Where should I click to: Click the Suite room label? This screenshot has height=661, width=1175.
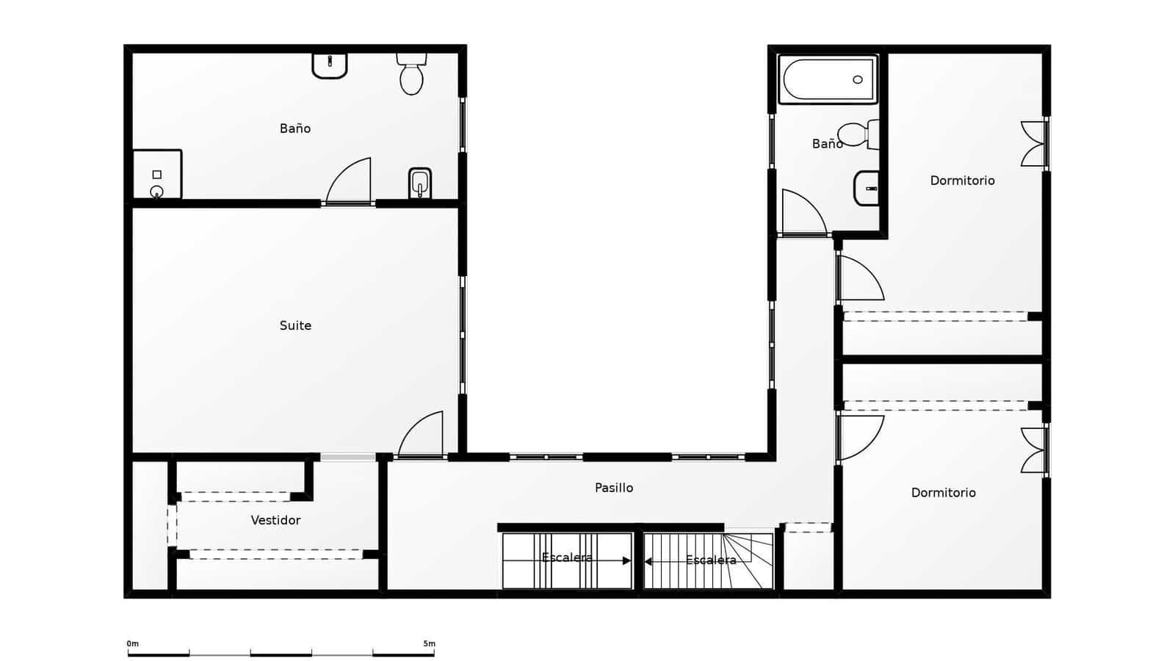295,325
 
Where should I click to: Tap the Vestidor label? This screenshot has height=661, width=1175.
275,520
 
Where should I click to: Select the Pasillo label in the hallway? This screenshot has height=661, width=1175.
613,488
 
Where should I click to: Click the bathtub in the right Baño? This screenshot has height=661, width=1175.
828,79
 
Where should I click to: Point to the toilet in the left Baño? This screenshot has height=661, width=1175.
411,75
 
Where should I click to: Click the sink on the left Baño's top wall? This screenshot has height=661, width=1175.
330,65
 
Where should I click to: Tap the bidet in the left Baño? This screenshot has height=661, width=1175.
419,184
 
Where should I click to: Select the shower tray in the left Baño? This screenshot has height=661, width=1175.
157,175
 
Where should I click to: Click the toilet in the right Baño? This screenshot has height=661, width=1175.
856,134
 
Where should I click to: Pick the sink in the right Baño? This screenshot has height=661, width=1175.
867,189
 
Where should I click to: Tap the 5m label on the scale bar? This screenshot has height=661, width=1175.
429,644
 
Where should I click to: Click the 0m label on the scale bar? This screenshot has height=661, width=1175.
133,644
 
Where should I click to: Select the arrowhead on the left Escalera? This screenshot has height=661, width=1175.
626,561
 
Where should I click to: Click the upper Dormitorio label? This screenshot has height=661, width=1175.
962,181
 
